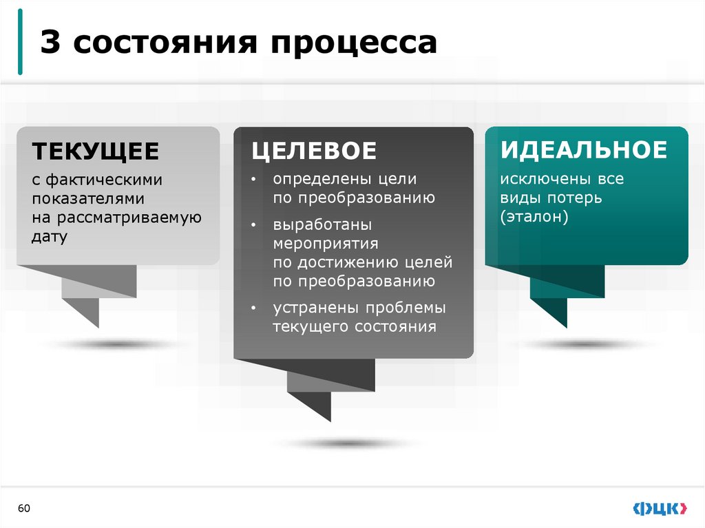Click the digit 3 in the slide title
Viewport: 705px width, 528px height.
click(48, 43)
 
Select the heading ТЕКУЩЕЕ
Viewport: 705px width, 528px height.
click(95, 151)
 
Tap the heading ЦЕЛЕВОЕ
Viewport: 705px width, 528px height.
click(313, 151)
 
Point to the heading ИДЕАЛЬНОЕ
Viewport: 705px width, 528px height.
click(584, 149)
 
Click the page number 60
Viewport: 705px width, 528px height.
click(24, 509)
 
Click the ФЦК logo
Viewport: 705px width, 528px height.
click(659, 509)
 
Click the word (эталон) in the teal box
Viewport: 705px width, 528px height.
click(534, 217)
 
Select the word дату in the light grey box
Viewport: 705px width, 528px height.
click(50, 237)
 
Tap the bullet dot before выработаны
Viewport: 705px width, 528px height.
click(253, 226)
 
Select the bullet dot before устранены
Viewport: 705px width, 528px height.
click(253, 308)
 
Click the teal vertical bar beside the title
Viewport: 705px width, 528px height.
click(19, 43)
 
